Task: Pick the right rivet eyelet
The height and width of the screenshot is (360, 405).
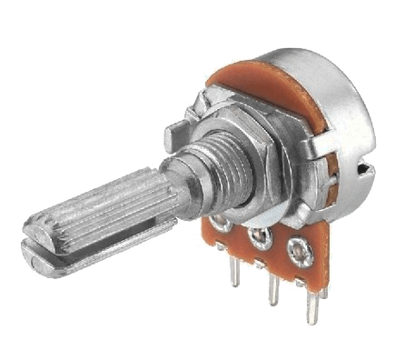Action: click(297, 247)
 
